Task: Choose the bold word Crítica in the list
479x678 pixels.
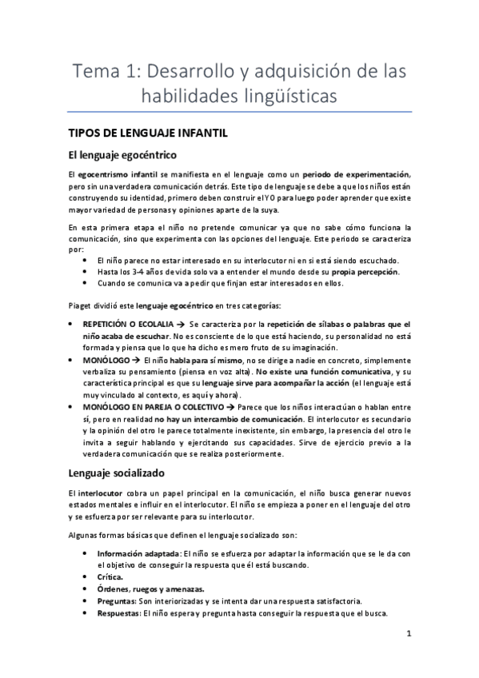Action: point(110,576)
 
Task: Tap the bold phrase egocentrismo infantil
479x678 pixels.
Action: point(122,174)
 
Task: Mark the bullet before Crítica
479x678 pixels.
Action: point(86,576)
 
